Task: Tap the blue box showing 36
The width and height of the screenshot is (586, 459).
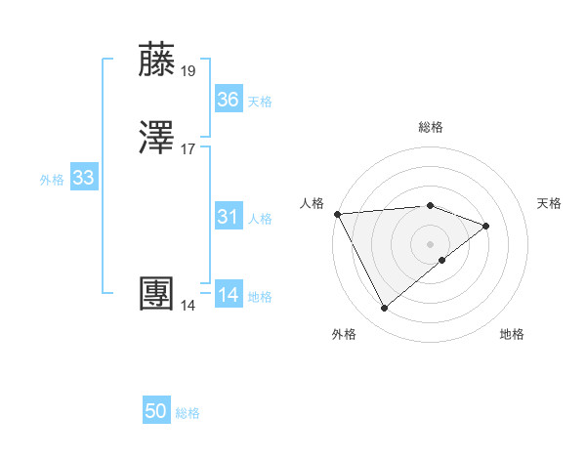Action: tap(229, 100)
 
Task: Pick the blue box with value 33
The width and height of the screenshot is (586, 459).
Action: tap(83, 179)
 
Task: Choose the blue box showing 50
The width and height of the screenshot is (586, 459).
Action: tap(156, 411)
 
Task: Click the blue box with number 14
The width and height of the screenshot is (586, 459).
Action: tap(229, 295)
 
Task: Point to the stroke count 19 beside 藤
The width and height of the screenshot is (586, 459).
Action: tap(188, 70)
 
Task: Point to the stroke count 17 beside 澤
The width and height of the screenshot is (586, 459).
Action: tap(188, 149)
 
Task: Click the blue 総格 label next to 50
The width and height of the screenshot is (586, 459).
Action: tap(188, 413)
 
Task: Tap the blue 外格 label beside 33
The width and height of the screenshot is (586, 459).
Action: tap(52, 180)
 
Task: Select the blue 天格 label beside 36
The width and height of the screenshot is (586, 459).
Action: tap(260, 102)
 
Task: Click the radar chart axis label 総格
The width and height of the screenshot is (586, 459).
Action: tap(430, 127)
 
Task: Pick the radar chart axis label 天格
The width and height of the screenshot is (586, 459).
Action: tap(549, 203)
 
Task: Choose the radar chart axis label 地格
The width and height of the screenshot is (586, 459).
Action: tap(512, 334)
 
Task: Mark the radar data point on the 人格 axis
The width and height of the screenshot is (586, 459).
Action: tap(336, 214)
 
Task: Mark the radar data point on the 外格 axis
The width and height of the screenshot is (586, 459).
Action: tap(384, 309)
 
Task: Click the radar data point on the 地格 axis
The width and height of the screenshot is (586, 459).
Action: tap(442, 260)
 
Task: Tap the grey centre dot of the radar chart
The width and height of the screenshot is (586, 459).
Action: tap(430, 243)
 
